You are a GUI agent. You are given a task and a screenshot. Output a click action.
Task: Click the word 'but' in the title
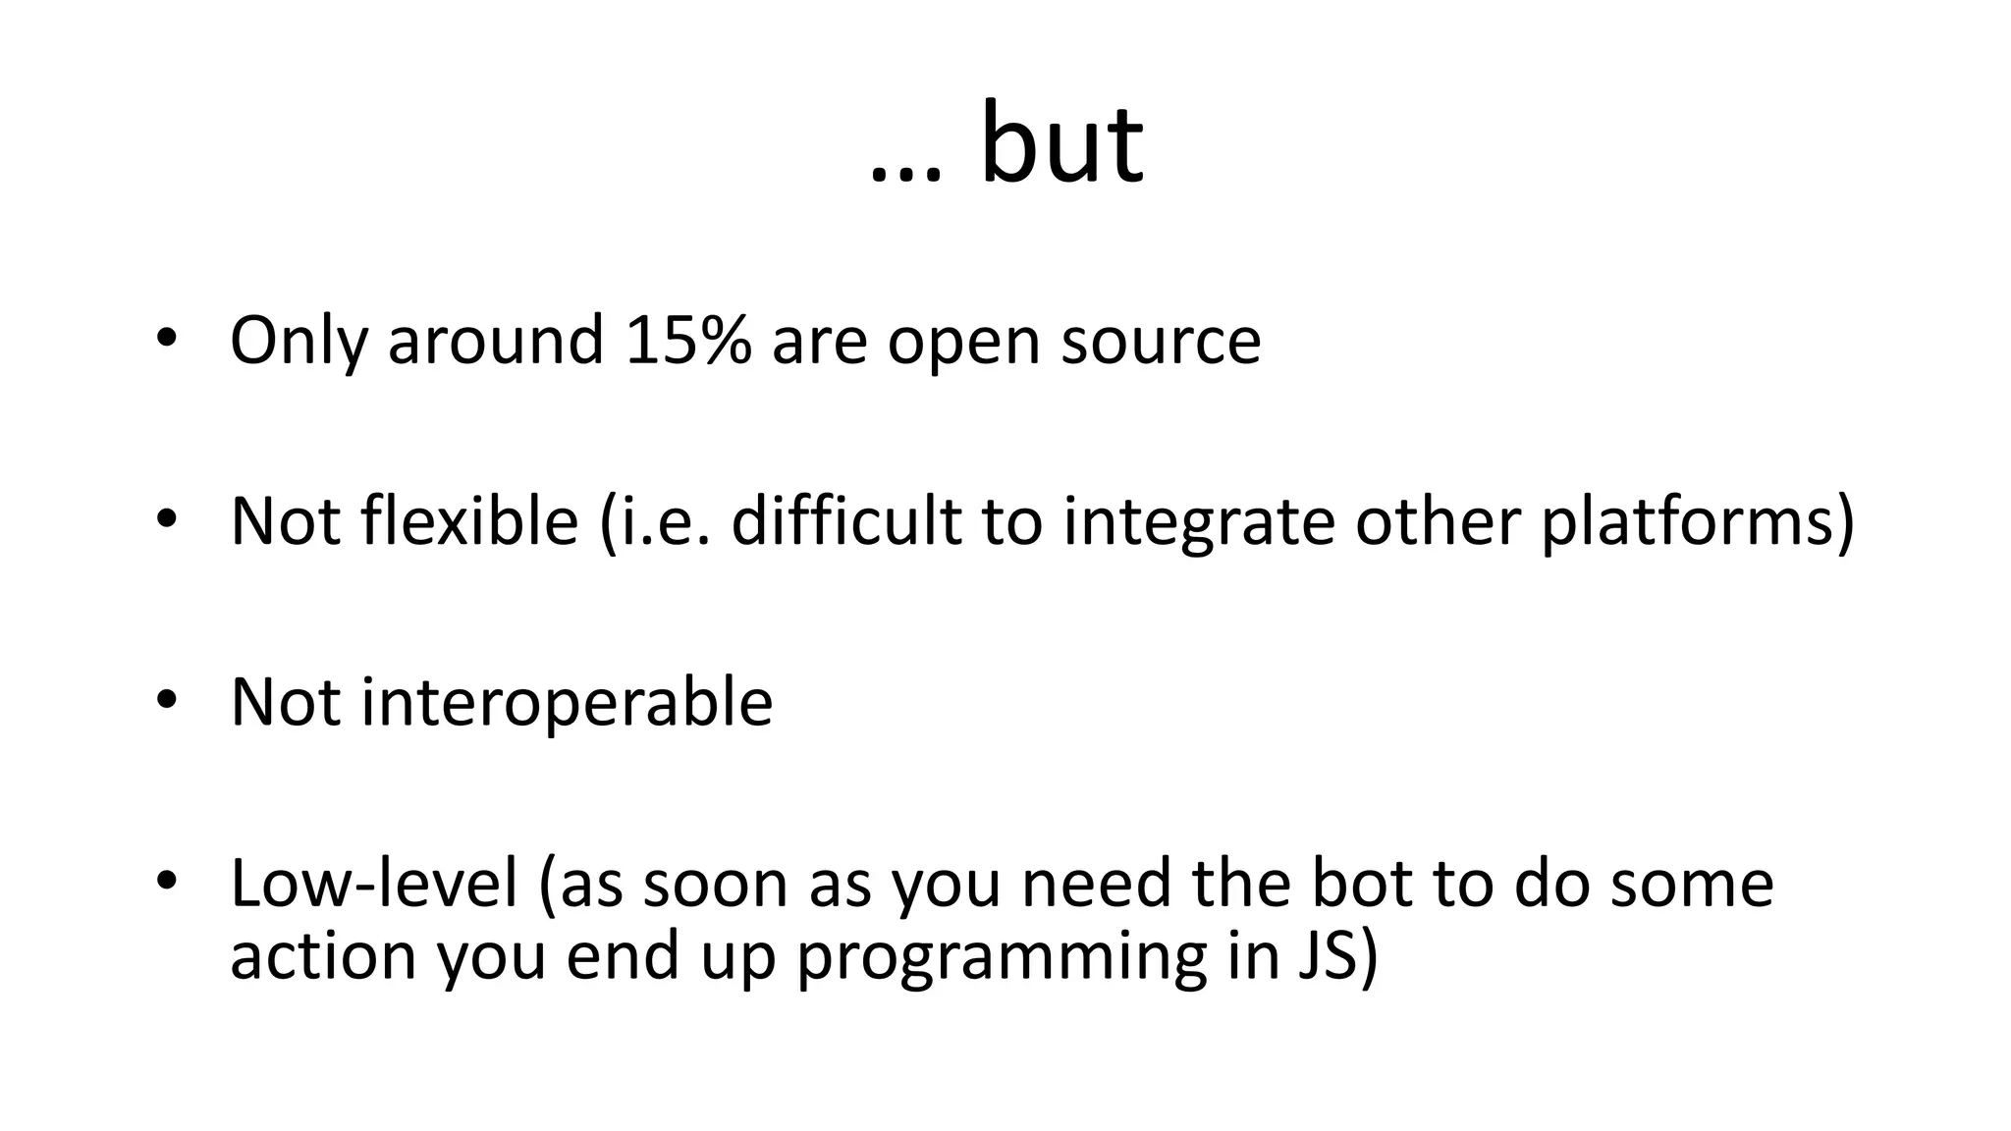(1061, 144)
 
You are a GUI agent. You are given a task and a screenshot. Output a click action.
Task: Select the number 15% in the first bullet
(688, 340)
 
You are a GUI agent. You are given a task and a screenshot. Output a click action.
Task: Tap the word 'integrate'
(1199, 522)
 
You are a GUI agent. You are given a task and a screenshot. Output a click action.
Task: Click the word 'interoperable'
(567, 703)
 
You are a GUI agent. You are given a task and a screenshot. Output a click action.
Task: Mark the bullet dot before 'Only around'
(165, 339)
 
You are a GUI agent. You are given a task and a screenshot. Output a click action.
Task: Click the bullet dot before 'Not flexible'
(165, 519)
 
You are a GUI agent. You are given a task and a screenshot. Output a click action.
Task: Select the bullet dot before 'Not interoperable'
(165, 700)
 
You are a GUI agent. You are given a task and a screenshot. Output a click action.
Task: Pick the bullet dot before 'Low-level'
(165, 881)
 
